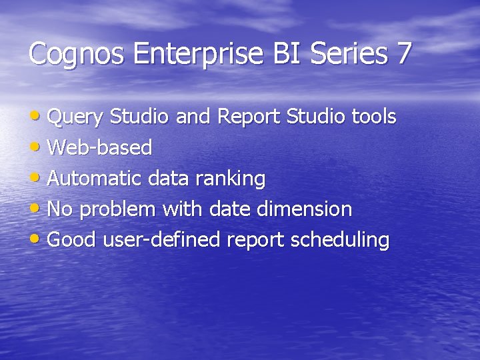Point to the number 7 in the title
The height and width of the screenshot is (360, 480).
[x=404, y=53]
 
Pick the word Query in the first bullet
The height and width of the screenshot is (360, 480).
[x=75, y=118]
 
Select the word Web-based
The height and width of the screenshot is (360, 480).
[x=100, y=147]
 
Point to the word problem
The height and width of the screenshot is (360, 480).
[x=118, y=210]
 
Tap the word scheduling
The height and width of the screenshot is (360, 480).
[x=340, y=241]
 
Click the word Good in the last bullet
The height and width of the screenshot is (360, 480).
[x=72, y=240]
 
